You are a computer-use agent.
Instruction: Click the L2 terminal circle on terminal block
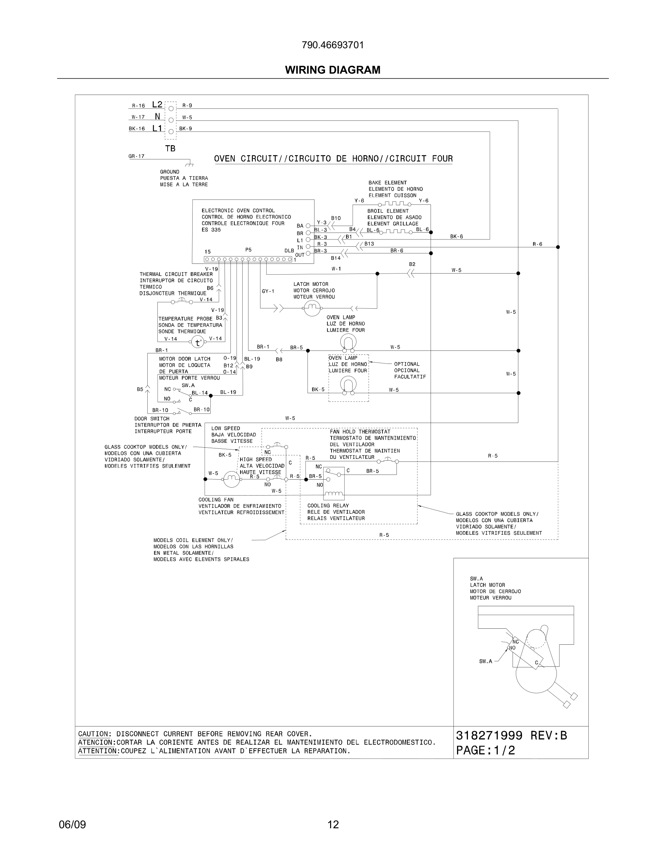[171, 108]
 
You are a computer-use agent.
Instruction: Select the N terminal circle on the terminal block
[171, 120]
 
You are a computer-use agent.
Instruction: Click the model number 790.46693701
[333, 45]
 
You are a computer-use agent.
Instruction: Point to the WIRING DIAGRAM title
[333, 70]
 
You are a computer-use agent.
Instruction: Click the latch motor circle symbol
[312, 308]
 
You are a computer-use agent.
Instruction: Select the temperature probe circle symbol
[198, 342]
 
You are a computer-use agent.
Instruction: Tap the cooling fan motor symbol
[231, 479]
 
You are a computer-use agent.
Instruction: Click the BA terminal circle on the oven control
[308, 226]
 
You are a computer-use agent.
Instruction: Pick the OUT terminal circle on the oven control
[308, 253]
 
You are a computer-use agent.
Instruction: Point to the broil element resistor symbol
[396, 232]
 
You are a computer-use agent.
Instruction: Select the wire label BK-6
[456, 237]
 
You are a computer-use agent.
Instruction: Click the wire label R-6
[537, 244]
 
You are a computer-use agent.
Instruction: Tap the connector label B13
[369, 244]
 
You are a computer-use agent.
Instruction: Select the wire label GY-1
[268, 291]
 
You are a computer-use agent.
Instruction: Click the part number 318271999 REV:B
[511, 736]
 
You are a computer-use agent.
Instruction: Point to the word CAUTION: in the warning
[95, 734]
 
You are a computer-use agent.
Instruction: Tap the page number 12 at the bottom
[333, 825]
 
